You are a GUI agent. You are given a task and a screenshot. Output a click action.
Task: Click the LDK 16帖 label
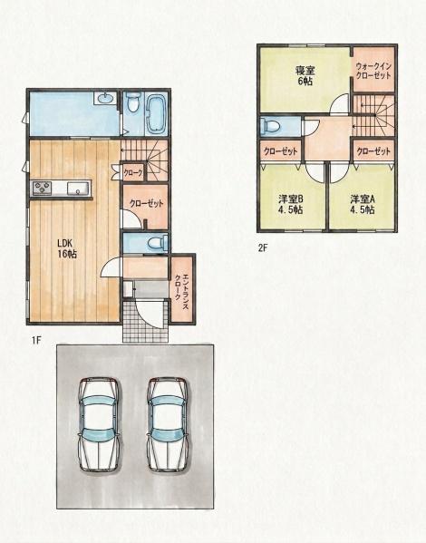pyautogui.click(x=67, y=248)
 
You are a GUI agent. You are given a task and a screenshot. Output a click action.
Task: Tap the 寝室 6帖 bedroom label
pyautogui.click(x=305, y=76)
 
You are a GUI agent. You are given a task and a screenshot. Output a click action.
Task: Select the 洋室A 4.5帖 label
pyautogui.click(x=363, y=204)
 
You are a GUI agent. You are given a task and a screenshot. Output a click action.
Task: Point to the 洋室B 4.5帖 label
pyautogui.click(x=291, y=204)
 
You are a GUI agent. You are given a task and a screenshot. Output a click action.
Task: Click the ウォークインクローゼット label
pyautogui.click(x=373, y=71)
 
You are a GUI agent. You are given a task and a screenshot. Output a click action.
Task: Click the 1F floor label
pyautogui.click(x=36, y=340)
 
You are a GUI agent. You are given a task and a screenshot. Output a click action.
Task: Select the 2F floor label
pyautogui.click(x=263, y=248)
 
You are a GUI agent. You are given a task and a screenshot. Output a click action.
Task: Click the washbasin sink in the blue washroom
pyautogui.click(x=105, y=98)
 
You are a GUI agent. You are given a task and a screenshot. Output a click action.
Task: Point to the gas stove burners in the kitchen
pyautogui.click(x=43, y=189)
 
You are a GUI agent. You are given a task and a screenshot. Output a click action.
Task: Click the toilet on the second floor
pyautogui.click(x=270, y=125)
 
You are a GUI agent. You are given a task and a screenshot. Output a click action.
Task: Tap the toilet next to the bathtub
pyautogui.click(x=132, y=102)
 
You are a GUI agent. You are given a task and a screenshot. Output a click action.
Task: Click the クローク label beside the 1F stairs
pyautogui.click(x=133, y=173)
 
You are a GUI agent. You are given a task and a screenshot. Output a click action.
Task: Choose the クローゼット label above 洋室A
pyautogui.click(x=373, y=151)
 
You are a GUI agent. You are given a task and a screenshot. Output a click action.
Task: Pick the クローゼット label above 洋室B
pyautogui.click(x=281, y=151)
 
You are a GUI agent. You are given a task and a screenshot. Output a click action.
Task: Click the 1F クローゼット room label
pyautogui.click(x=147, y=203)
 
